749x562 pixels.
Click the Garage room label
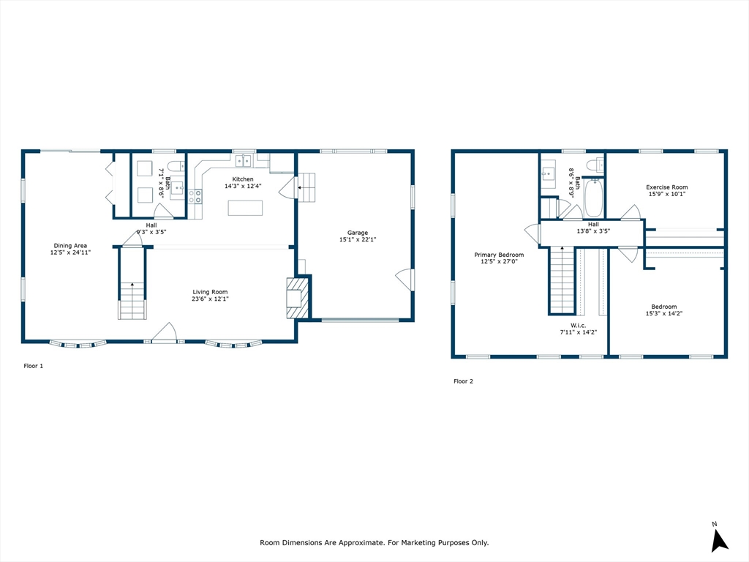point(357,233)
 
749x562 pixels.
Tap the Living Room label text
point(210,292)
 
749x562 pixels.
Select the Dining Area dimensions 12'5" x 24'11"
point(70,252)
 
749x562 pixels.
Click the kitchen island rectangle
point(245,208)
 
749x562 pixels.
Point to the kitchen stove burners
point(195,196)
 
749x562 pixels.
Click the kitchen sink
point(243,160)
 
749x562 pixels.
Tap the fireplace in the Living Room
point(297,299)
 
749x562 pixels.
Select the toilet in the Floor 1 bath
point(176,166)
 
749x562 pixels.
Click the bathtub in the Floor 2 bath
point(593,198)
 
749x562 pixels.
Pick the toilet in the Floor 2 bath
point(595,165)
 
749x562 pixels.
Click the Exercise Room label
point(667,187)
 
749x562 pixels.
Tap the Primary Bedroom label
point(499,255)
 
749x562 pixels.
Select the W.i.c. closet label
point(578,326)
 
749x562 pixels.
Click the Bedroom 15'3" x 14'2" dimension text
point(664,313)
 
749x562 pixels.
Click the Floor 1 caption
point(34,366)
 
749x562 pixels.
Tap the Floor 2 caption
point(463,381)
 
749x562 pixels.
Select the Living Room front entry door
point(165,333)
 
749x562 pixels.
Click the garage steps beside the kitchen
point(306,187)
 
